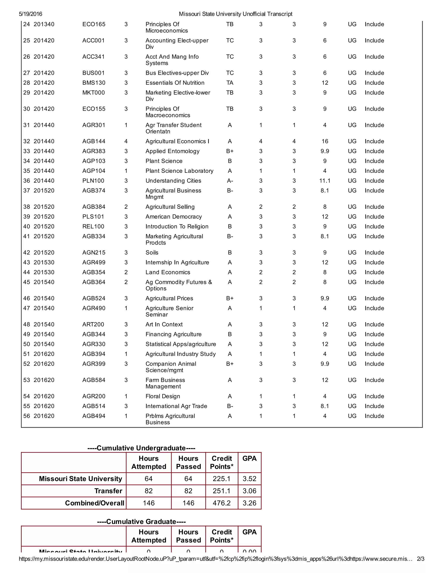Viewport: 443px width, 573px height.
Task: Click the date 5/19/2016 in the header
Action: pos(30,14)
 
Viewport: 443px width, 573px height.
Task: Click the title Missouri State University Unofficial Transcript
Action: pos(235,14)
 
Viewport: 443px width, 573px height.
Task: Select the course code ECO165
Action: pos(94,24)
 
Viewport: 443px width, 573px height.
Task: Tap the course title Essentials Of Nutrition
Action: pos(175,83)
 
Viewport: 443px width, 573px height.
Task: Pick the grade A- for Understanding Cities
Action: pos(230,181)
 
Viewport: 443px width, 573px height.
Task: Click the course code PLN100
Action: pos(93,181)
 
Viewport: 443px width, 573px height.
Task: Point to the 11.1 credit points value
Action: pos(325,181)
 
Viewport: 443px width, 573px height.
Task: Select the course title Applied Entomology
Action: pos(172,151)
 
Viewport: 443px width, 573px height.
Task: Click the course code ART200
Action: pos(93,325)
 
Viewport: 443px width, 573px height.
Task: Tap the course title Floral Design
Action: pos(163,396)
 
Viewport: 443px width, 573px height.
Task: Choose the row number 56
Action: pos(27,416)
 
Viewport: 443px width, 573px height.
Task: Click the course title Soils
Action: pos(152,253)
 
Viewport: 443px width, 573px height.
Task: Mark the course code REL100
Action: pos(93,227)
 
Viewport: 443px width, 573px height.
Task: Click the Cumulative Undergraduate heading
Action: pos(141,448)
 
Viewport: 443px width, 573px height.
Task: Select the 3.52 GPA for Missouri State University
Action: pos(249,479)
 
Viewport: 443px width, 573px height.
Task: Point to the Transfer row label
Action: pos(108,491)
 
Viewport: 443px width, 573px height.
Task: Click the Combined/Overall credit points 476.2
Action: pos(221,503)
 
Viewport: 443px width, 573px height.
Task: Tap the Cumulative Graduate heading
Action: pos(141,522)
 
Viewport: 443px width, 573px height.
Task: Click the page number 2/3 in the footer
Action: pos(421,559)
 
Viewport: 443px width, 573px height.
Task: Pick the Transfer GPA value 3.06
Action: pos(249,491)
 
